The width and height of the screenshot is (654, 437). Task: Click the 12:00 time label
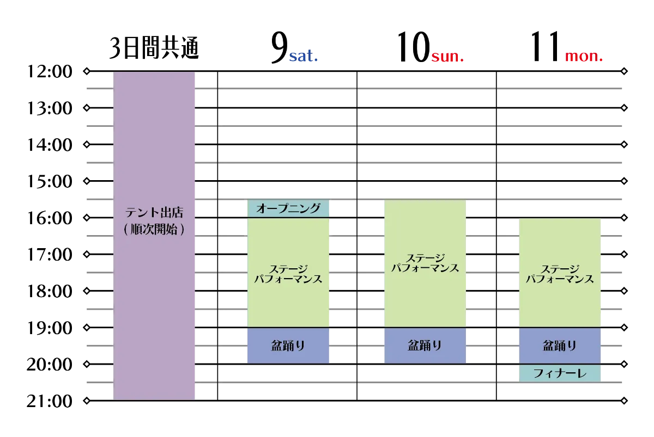point(50,71)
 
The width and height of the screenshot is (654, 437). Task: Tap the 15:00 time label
point(50,181)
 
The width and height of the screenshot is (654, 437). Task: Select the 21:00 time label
point(50,401)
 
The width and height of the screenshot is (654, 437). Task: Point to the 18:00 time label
point(50,291)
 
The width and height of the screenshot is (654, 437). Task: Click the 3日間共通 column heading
point(154,48)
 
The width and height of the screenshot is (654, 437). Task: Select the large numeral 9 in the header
point(279,47)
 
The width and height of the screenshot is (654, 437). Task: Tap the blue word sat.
point(304,56)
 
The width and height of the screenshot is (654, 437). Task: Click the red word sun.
point(447,56)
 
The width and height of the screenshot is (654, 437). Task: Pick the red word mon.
point(584,56)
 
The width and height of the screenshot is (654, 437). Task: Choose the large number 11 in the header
point(546,47)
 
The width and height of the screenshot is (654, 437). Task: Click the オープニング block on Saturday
point(288,208)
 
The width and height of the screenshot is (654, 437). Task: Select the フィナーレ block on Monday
point(560,373)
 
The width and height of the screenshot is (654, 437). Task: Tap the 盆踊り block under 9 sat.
point(288,346)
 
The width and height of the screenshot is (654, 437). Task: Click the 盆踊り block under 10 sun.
point(425,346)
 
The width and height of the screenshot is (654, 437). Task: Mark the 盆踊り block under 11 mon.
point(560,346)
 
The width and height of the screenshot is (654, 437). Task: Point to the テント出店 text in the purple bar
point(154,213)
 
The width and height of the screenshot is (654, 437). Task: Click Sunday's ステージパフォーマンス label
point(425,263)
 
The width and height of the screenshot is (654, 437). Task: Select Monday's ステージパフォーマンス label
point(560,274)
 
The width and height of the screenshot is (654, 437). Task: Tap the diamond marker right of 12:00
point(87,71)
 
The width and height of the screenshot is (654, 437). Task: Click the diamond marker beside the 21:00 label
point(87,401)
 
